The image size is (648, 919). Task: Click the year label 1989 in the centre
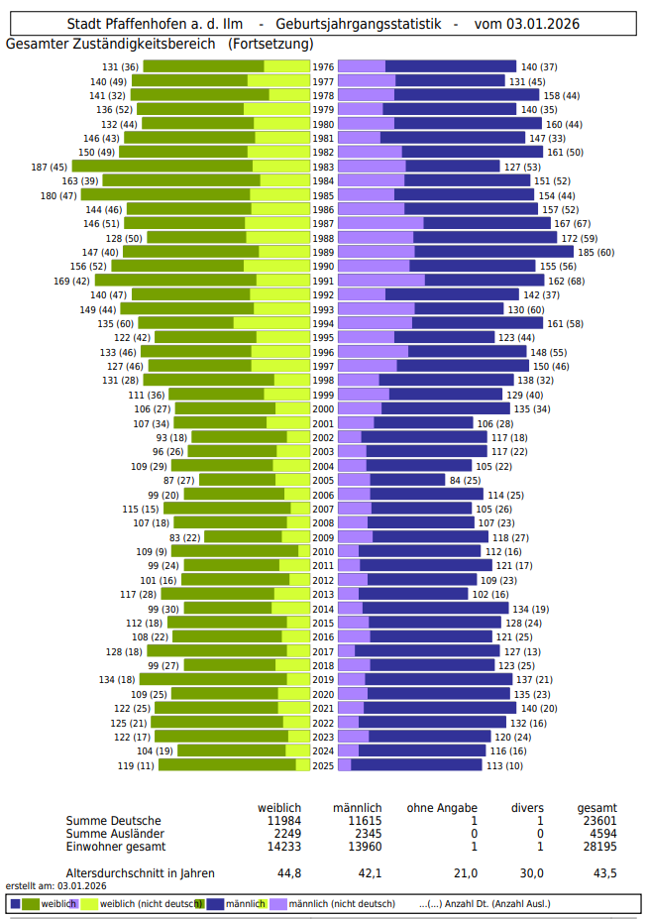(323, 252)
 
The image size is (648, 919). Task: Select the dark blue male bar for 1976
(450, 66)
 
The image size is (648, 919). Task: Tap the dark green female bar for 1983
(162, 167)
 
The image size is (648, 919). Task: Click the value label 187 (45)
(50, 167)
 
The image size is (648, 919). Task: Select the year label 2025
(323, 765)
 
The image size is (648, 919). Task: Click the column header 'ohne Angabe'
(442, 809)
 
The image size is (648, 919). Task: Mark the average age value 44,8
(289, 873)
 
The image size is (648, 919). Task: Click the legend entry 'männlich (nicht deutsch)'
(341, 903)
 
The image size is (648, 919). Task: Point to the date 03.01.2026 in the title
(542, 24)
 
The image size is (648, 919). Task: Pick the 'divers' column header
(526, 809)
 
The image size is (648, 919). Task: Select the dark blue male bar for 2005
(407, 480)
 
